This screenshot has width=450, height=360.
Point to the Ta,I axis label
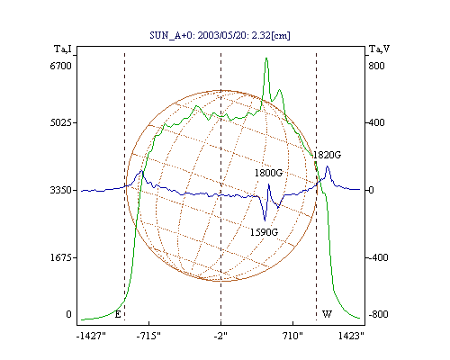(63, 49)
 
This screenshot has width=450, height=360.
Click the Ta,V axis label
(380, 49)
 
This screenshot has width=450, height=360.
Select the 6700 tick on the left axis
(61, 66)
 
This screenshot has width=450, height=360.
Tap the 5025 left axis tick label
(61, 123)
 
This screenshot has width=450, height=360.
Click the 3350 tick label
(61, 190)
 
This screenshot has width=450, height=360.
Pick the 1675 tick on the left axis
(61, 257)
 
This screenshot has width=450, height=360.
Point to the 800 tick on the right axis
(376, 66)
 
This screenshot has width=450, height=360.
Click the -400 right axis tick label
(378, 257)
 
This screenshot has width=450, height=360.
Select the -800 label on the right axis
(378, 314)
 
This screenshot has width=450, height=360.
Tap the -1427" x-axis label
(91, 336)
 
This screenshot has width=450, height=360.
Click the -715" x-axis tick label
(148, 336)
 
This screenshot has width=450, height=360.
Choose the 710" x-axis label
(292, 336)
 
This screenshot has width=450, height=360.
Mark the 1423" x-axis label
(351, 336)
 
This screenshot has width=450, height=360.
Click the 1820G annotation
(328, 155)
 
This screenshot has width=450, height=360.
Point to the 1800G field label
(269, 173)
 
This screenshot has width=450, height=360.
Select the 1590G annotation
(265, 232)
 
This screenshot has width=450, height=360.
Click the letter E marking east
(118, 314)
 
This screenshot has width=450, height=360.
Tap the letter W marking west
(327, 314)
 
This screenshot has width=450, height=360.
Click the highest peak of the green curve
(266, 58)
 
